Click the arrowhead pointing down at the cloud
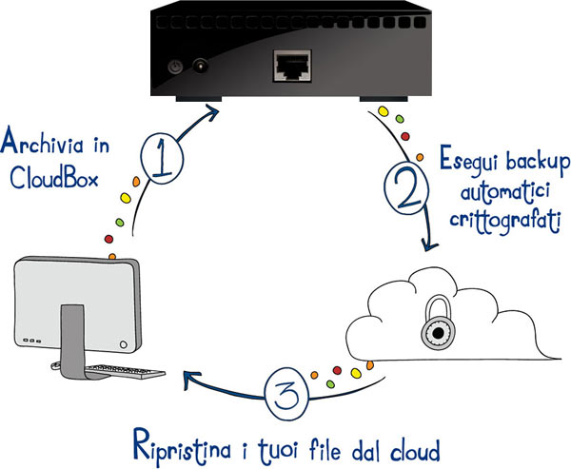coord(429,246)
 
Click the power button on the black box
coord(174,67)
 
